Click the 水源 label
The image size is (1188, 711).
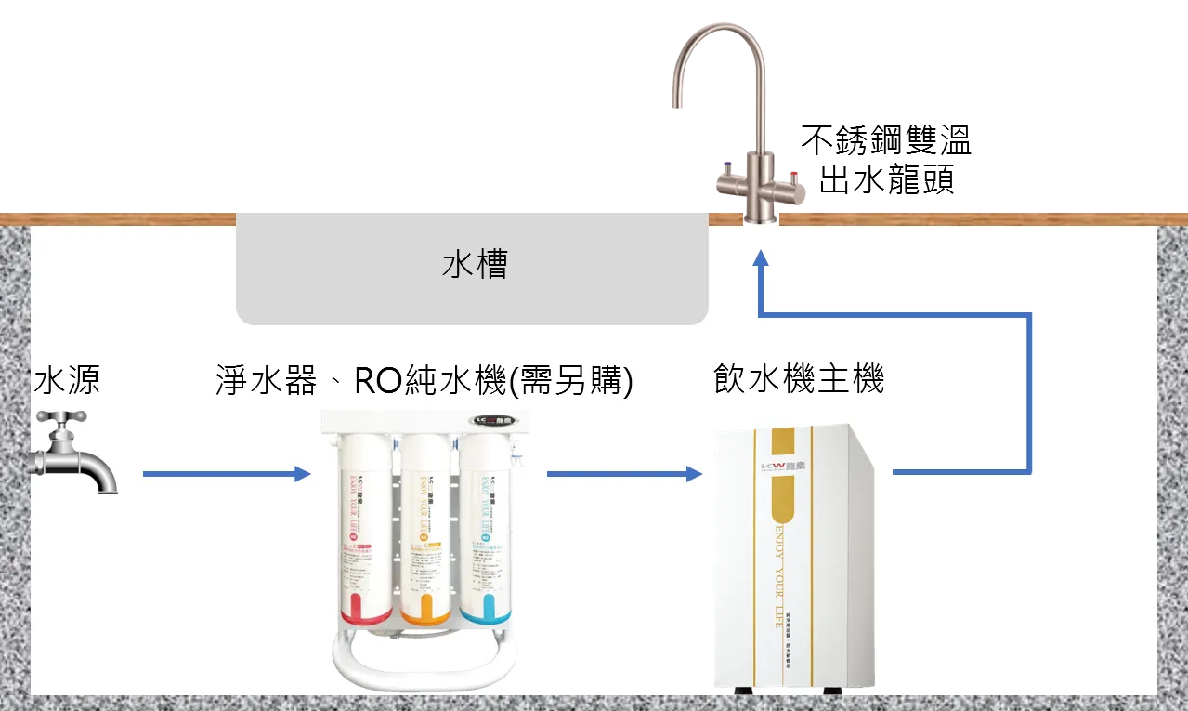click(x=66, y=380)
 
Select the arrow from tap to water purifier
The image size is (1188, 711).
click(x=226, y=474)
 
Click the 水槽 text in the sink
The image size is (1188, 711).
click(x=475, y=267)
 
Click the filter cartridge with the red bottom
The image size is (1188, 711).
click(x=367, y=530)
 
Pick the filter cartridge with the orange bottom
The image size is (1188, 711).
click(x=425, y=530)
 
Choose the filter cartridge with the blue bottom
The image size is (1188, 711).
click(x=484, y=530)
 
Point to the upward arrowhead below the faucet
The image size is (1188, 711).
click(x=761, y=260)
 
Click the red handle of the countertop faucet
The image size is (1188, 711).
click(x=795, y=175)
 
